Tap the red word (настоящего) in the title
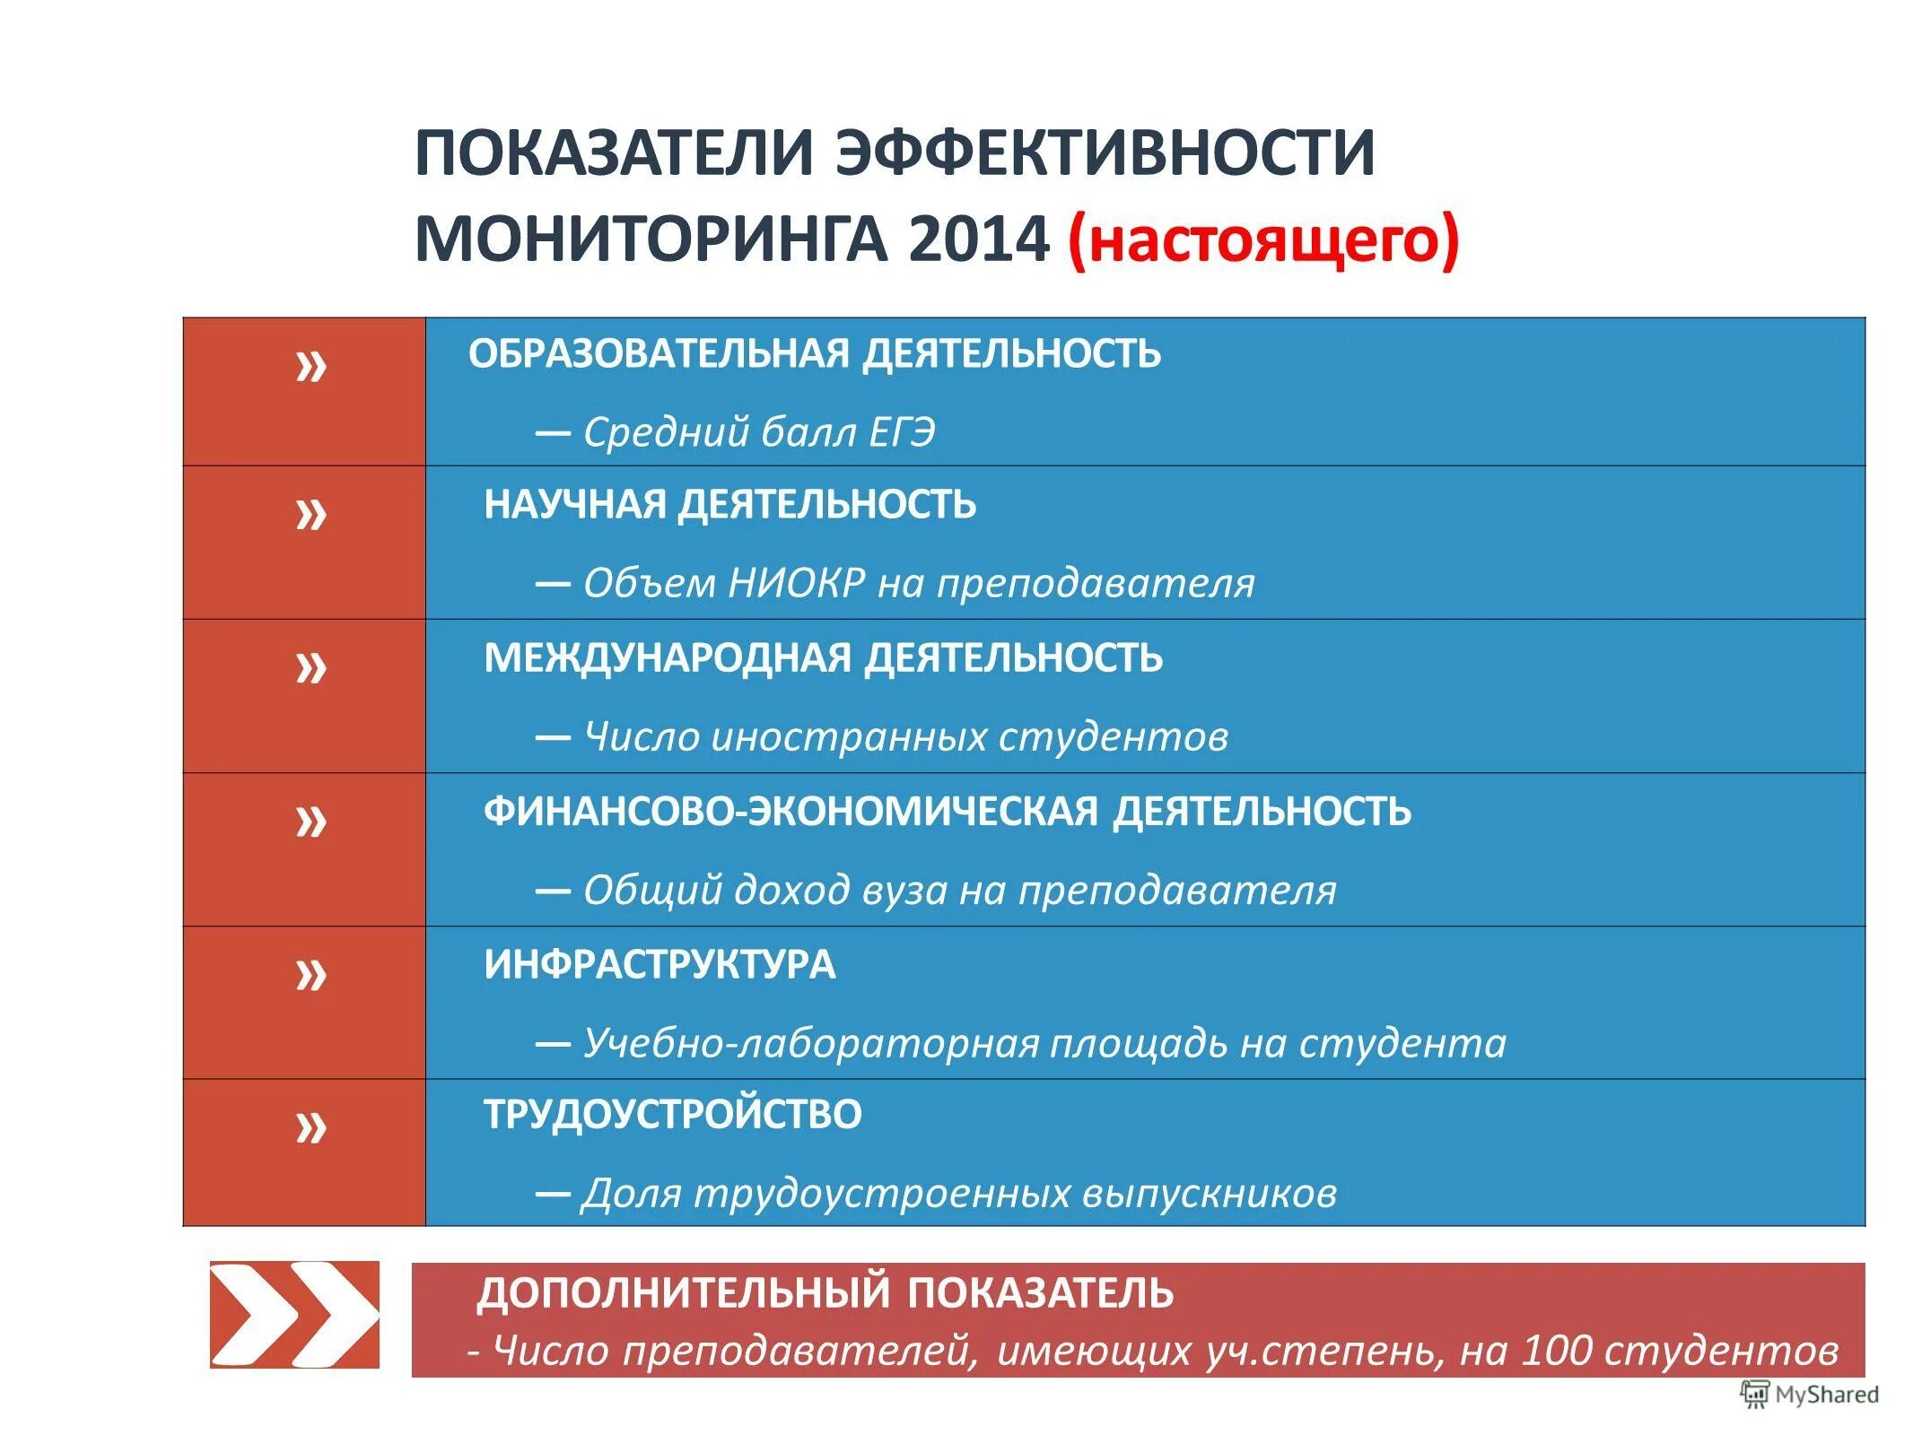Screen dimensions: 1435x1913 point(1263,240)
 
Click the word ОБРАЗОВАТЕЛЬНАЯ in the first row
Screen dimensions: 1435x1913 point(658,353)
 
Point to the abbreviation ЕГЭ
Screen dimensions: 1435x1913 point(901,432)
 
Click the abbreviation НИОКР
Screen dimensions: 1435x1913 point(797,584)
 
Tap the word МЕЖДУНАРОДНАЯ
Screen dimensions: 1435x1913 point(667,657)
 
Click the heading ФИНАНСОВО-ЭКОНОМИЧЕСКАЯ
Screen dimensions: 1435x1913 point(791,811)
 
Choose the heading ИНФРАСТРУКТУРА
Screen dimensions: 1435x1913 point(660,964)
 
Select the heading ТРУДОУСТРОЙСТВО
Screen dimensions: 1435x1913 point(673,1114)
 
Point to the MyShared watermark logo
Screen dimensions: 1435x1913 point(1809,1394)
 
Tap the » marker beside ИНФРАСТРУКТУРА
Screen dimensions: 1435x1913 point(311,974)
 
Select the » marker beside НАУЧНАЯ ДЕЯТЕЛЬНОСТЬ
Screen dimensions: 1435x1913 point(311,515)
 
